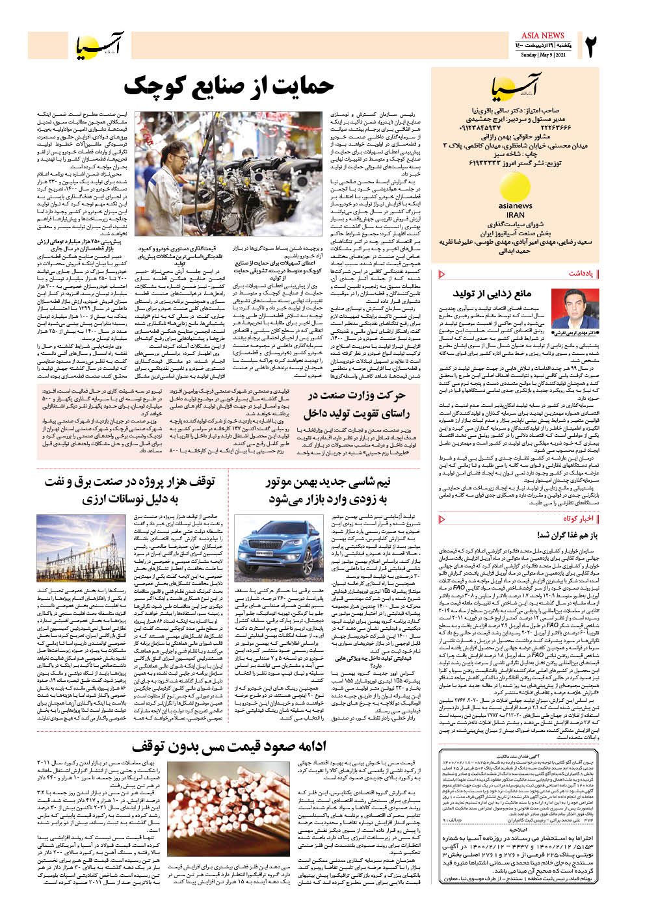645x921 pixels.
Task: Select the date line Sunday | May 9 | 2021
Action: (x=543, y=55)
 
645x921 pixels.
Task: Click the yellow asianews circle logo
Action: (x=515, y=188)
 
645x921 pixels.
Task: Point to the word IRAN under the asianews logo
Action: (x=515, y=215)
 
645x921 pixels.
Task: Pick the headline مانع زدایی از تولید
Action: (x=492, y=294)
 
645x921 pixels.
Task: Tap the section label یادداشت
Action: (x=581, y=274)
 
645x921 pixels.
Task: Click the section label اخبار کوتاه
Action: (x=578, y=518)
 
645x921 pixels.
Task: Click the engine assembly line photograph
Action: (x=228, y=173)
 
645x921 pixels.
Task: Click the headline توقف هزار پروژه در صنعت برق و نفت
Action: (x=130, y=490)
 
